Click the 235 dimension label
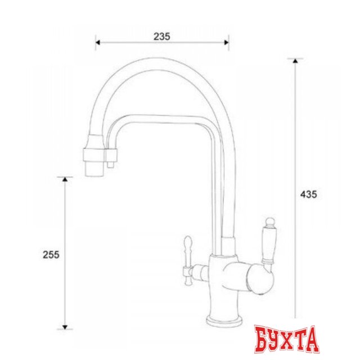[x=162, y=37]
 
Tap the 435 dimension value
[x=309, y=195]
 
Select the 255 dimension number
[x=51, y=255]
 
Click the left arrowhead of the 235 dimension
[x=97, y=43]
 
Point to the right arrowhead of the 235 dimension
[x=227, y=43]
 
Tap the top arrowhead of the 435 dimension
[x=295, y=61]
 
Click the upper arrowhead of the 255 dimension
[x=65, y=179]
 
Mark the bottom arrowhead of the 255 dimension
[x=65, y=327]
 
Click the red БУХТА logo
[x=286, y=339]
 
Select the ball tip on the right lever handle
[x=270, y=222]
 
